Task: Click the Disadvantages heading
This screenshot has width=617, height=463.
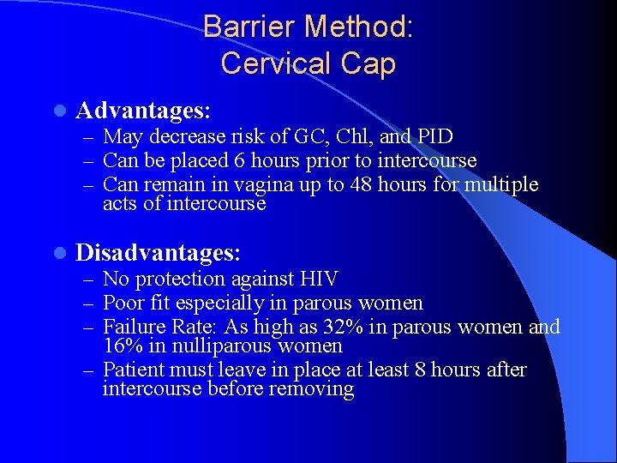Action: pos(159,252)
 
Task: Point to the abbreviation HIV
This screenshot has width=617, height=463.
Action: pos(318,280)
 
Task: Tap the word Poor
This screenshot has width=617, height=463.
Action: pos(122,303)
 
